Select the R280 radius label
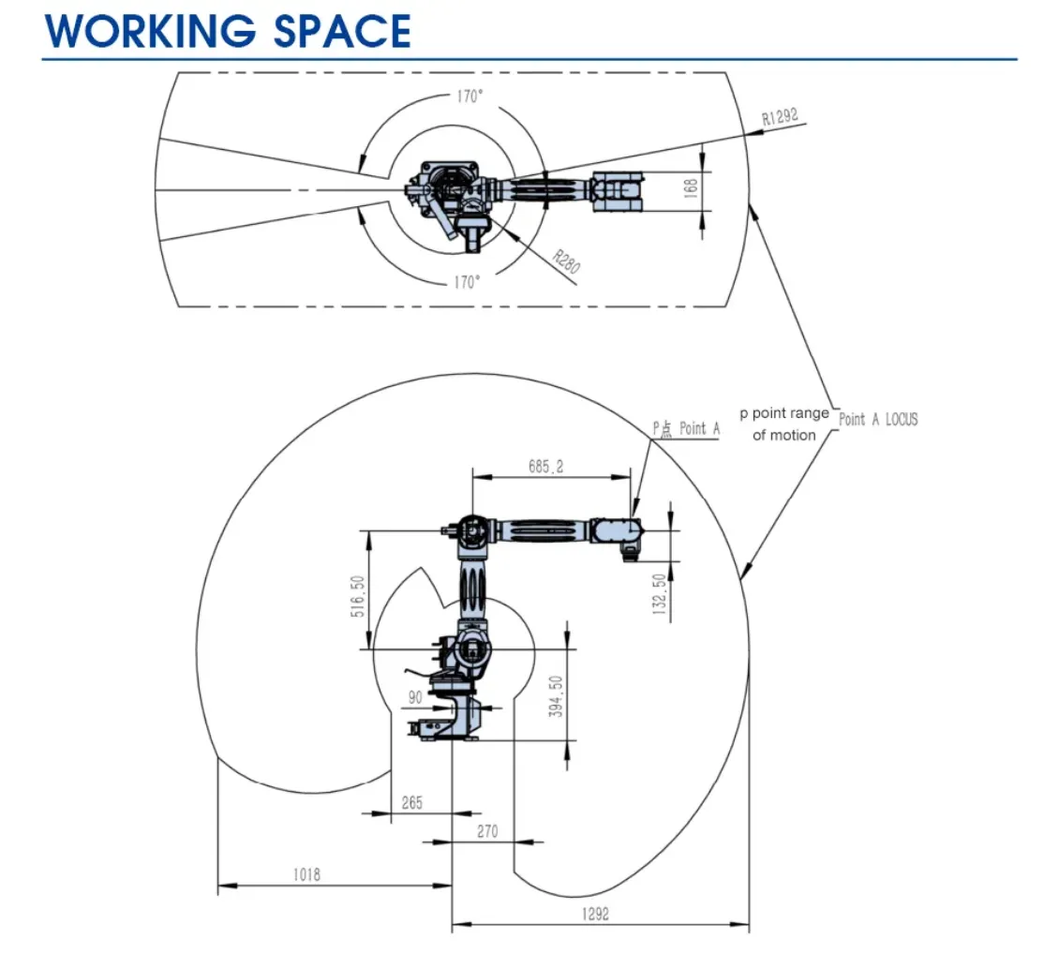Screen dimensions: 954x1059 coord(566,261)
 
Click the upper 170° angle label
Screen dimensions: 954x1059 coord(470,97)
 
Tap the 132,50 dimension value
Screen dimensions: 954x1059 coord(660,596)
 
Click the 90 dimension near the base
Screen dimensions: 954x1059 coord(415,697)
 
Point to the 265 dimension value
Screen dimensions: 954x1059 coord(411,803)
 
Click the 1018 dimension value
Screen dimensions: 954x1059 coord(306,874)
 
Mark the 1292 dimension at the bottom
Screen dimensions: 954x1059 coord(594,915)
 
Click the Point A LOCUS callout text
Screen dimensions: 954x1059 coord(878,420)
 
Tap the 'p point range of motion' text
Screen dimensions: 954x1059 coord(783,424)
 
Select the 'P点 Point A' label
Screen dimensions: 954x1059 coord(686,428)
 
